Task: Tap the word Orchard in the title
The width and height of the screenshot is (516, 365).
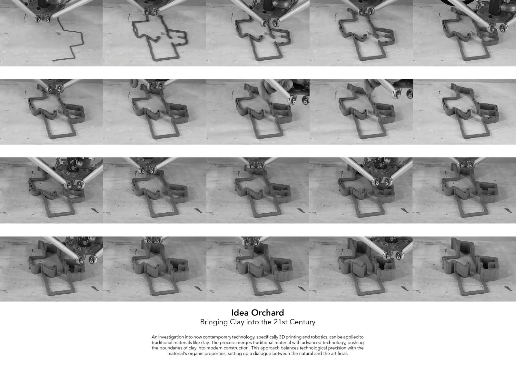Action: pos(267,313)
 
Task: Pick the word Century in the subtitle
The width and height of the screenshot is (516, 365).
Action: pos(302,322)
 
